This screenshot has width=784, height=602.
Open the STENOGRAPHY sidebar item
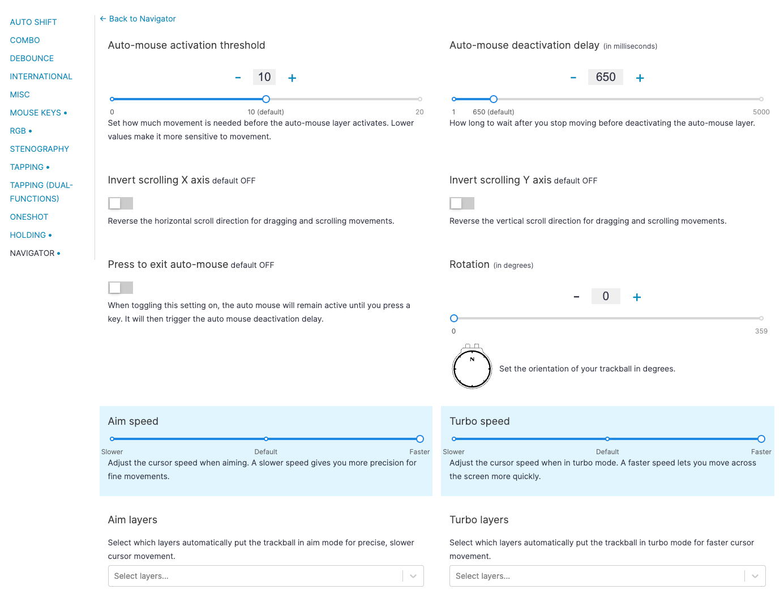(40, 149)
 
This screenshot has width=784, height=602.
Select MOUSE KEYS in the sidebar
(36, 113)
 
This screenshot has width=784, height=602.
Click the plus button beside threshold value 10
(292, 78)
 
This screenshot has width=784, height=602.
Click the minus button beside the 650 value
(573, 78)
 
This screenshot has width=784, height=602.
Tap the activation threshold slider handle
(266, 99)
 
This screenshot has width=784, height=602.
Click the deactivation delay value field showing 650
(606, 78)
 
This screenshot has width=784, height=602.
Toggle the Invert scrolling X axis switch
(121, 203)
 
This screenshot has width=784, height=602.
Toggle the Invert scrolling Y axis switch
(462, 203)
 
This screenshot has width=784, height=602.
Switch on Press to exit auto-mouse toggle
(121, 288)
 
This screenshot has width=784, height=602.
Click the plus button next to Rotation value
(637, 297)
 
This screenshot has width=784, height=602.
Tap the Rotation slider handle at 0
(454, 318)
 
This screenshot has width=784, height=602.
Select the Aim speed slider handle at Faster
(420, 439)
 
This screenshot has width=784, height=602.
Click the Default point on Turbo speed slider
(607, 439)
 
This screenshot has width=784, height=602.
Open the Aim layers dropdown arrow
(413, 576)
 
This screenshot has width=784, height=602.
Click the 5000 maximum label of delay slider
(761, 112)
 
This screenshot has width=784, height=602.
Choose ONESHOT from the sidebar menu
(29, 217)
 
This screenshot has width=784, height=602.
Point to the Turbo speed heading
(479, 421)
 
